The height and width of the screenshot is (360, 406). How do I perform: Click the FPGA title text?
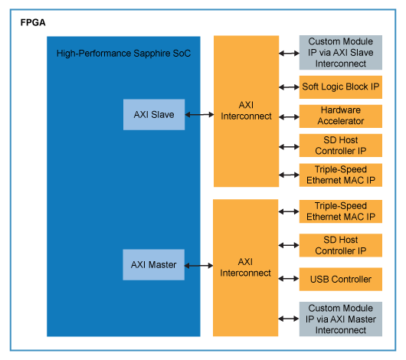pos(33,23)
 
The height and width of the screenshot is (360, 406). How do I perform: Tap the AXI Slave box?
pos(153,115)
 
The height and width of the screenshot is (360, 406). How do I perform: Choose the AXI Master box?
pos(153,265)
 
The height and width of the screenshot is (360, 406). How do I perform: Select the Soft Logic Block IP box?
pos(340,87)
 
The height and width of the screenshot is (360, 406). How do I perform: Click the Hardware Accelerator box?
pos(340,116)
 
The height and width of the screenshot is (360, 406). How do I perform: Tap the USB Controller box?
pos(340,280)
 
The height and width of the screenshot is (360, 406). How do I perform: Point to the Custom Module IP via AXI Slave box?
pos(340,52)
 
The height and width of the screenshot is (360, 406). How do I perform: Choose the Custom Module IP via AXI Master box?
pos(340,319)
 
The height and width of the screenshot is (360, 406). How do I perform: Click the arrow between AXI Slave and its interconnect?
pos(198,115)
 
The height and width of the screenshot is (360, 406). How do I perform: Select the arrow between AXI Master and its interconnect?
pos(198,265)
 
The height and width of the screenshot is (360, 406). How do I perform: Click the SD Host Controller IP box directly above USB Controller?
pos(340,246)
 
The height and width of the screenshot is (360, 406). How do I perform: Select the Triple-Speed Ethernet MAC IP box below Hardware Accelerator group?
pos(340,175)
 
